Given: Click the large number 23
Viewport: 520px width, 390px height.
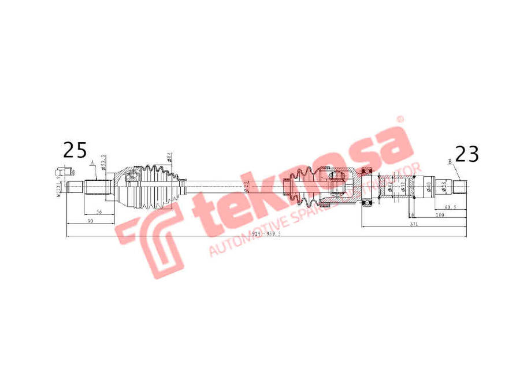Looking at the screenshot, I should pyautogui.click(x=467, y=153).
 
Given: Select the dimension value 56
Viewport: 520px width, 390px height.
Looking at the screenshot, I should pyautogui.click(x=100, y=213).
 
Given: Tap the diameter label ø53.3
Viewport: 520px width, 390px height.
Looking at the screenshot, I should pyautogui.click(x=103, y=162).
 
